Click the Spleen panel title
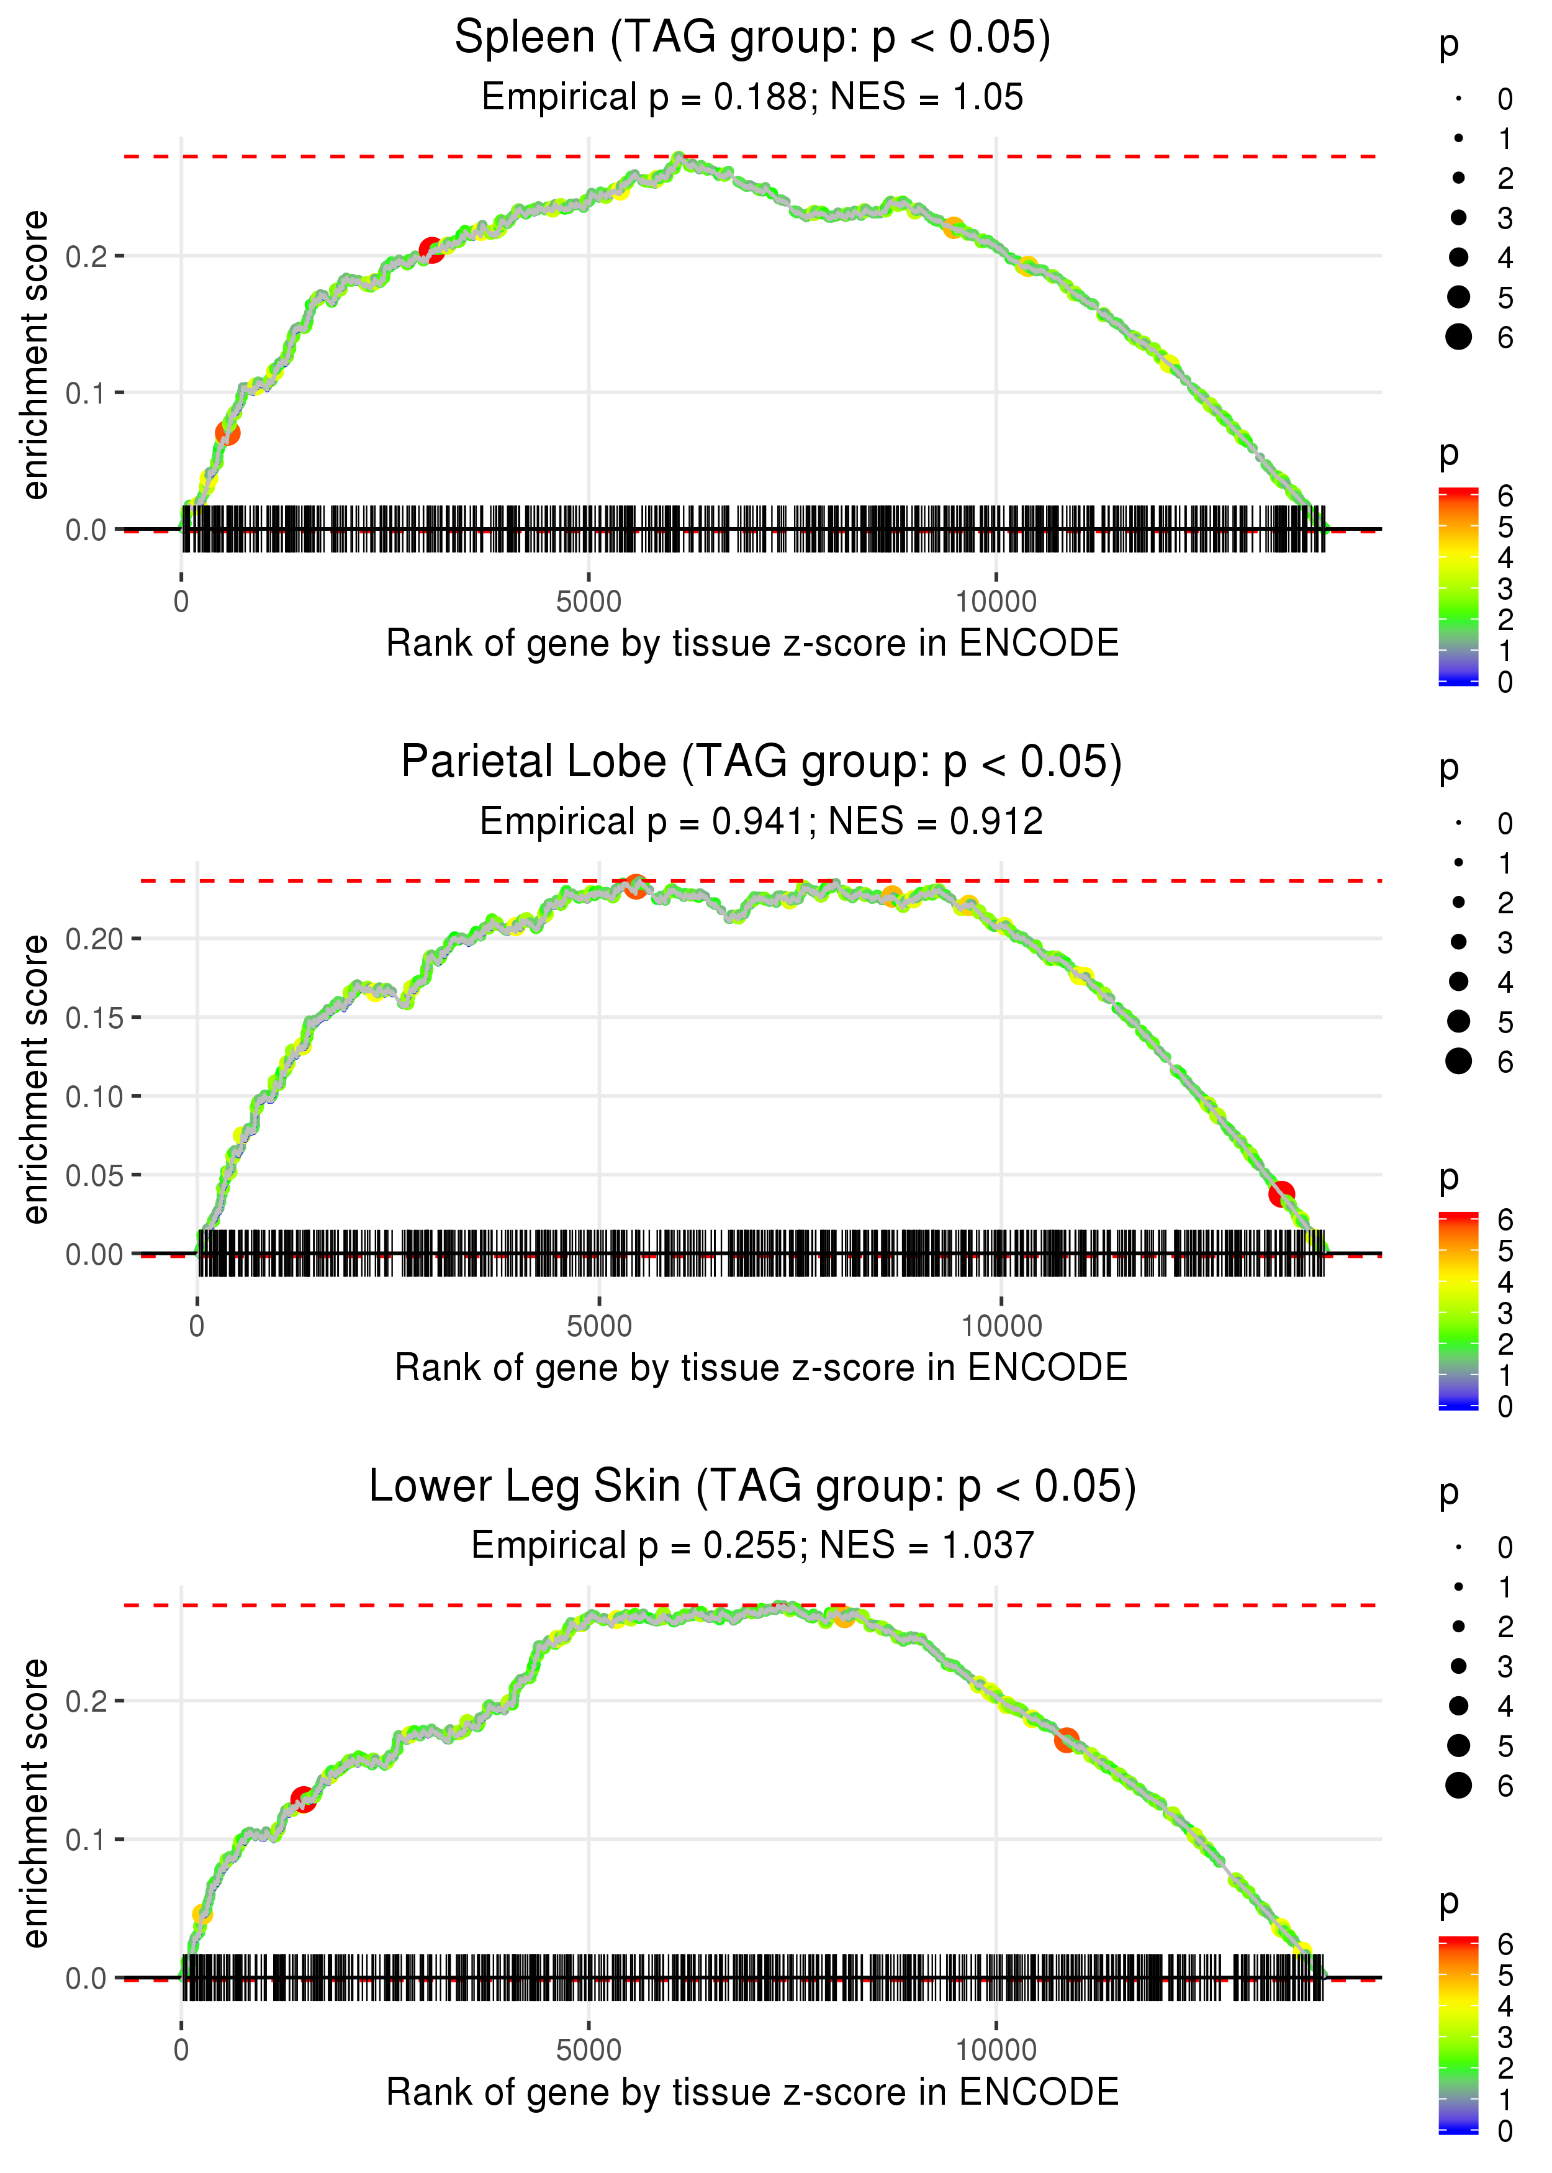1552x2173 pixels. coord(752,38)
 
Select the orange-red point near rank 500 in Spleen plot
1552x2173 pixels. coord(227,433)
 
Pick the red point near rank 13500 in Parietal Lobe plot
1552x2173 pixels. coord(1281,1193)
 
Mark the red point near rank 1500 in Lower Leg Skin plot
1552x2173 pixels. coord(303,1799)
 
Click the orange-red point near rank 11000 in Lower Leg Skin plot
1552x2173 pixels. coord(1067,1740)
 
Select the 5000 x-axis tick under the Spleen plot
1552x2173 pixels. coord(589,602)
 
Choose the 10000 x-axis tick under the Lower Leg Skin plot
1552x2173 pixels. coord(996,2049)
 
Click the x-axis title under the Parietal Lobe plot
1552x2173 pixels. coord(760,1368)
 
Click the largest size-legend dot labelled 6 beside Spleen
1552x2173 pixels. coord(1458,337)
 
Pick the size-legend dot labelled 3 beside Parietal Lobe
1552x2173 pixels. coord(1458,942)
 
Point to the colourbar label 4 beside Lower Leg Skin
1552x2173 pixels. coord(1505,2006)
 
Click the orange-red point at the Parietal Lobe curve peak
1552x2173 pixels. coord(636,887)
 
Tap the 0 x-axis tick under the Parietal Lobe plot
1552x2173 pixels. coord(197,1326)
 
